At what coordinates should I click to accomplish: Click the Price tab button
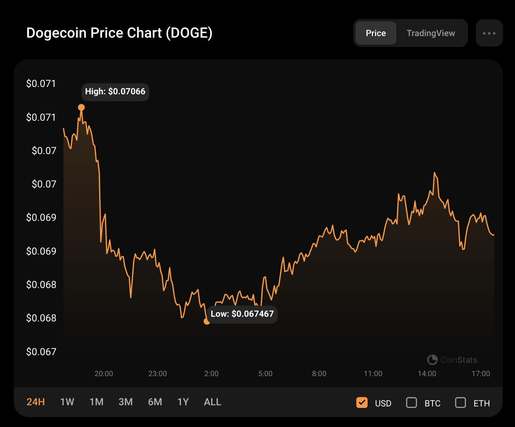[376, 33]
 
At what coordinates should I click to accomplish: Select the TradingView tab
[431, 33]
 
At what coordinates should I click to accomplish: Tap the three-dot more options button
[489, 33]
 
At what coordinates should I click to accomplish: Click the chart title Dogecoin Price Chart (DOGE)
[119, 33]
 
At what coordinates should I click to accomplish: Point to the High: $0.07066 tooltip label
[115, 92]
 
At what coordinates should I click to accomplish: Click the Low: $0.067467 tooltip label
[242, 314]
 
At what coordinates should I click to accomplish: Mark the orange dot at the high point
[81, 108]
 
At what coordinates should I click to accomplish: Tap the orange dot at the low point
[207, 321]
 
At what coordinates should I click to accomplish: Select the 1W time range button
[67, 402]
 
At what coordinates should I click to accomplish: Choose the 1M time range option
[96, 402]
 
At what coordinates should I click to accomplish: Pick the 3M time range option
[126, 402]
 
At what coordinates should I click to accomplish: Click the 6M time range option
[155, 402]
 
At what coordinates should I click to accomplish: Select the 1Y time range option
[183, 402]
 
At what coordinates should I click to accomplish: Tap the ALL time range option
[212, 402]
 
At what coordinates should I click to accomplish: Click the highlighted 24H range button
[36, 402]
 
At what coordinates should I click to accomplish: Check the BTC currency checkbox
[412, 403]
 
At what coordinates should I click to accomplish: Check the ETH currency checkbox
[461, 403]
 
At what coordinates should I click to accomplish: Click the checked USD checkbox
[362, 403]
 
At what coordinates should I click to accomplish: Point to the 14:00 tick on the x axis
[427, 373]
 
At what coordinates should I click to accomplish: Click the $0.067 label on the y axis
[41, 352]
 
